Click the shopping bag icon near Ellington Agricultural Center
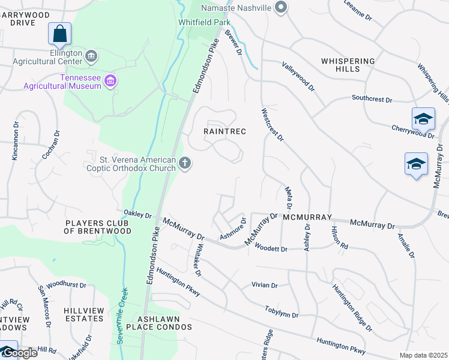[60, 34]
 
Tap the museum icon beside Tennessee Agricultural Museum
[110, 81]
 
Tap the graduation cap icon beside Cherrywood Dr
[423, 119]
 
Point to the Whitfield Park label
[205, 22]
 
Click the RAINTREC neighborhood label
[225, 131]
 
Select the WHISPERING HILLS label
[348, 65]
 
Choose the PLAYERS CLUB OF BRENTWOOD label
[98, 227]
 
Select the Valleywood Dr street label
[298, 76]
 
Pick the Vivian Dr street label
[265, 286]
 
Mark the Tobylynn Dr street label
[282, 311]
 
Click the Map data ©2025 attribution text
[423, 355]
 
